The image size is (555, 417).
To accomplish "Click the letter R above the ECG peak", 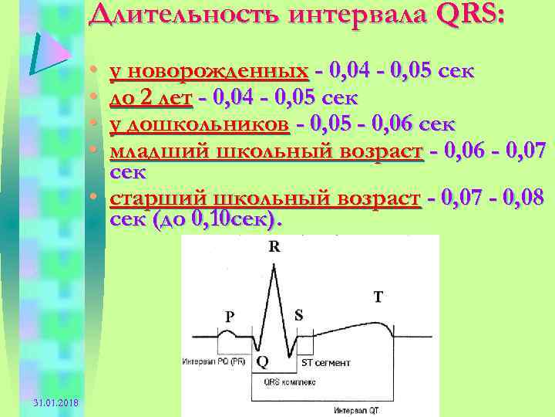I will coord(274,247).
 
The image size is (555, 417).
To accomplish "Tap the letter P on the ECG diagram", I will coord(229,316).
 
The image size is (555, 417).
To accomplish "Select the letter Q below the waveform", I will coord(263,361).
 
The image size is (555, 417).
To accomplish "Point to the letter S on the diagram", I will coord(298,315).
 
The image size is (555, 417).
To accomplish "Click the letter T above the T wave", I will coord(377,296).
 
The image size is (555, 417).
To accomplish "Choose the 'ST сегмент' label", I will coord(325,361).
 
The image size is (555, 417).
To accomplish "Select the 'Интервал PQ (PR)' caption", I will coord(214,361).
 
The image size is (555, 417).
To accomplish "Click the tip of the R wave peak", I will coord(274,263).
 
